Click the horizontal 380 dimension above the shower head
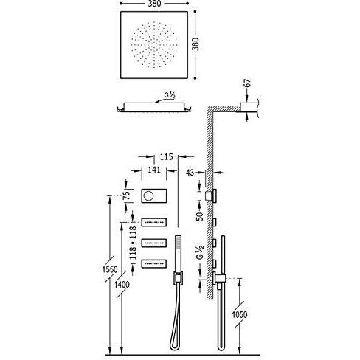point(155,4)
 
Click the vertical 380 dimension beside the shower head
point(195,44)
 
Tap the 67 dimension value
point(249,83)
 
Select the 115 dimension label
point(167,156)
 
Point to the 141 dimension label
point(154,170)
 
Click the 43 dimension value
point(190,173)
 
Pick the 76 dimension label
point(126,195)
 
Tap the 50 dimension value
point(200,216)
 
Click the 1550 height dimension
point(110,270)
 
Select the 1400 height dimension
point(122,285)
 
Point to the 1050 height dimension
point(240,314)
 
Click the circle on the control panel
point(148,196)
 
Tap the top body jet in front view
point(154,222)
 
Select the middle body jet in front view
point(154,243)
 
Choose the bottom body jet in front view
point(154,263)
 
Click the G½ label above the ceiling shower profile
point(170,95)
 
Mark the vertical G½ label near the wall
point(200,252)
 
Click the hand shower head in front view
point(178,254)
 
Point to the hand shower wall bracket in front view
point(178,279)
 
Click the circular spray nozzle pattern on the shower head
point(154,45)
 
